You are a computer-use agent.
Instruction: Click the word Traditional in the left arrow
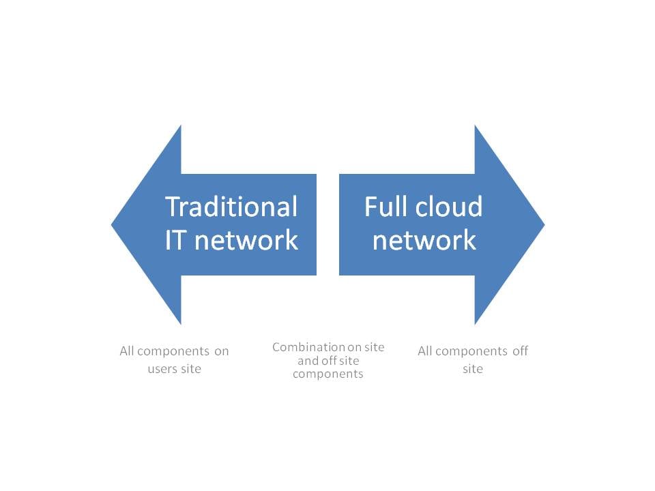click(x=231, y=207)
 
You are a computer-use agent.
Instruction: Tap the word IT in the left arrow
click(x=174, y=240)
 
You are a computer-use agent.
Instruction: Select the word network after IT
click(x=246, y=240)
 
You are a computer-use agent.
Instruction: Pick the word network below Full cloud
click(x=424, y=240)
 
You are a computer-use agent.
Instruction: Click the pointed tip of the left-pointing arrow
click(x=111, y=224)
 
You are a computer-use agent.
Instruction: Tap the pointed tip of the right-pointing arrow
click(x=544, y=224)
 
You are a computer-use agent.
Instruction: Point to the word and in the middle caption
click(x=306, y=360)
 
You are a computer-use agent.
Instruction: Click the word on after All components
click(x=221, y=352)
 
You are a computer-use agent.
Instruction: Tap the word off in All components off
click(x=520, y=351)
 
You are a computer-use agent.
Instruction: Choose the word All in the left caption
click(x=127, y=351)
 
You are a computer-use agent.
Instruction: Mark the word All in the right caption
click(x=425, y=351)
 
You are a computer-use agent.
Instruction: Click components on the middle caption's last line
click(x=328, y=374)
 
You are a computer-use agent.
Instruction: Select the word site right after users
click(x=191, y=369)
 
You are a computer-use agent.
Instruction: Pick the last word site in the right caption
click(x=473, y=369)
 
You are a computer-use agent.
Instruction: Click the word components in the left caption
click(x=173, y=352)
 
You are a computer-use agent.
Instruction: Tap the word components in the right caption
click(x=471, y=352)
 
